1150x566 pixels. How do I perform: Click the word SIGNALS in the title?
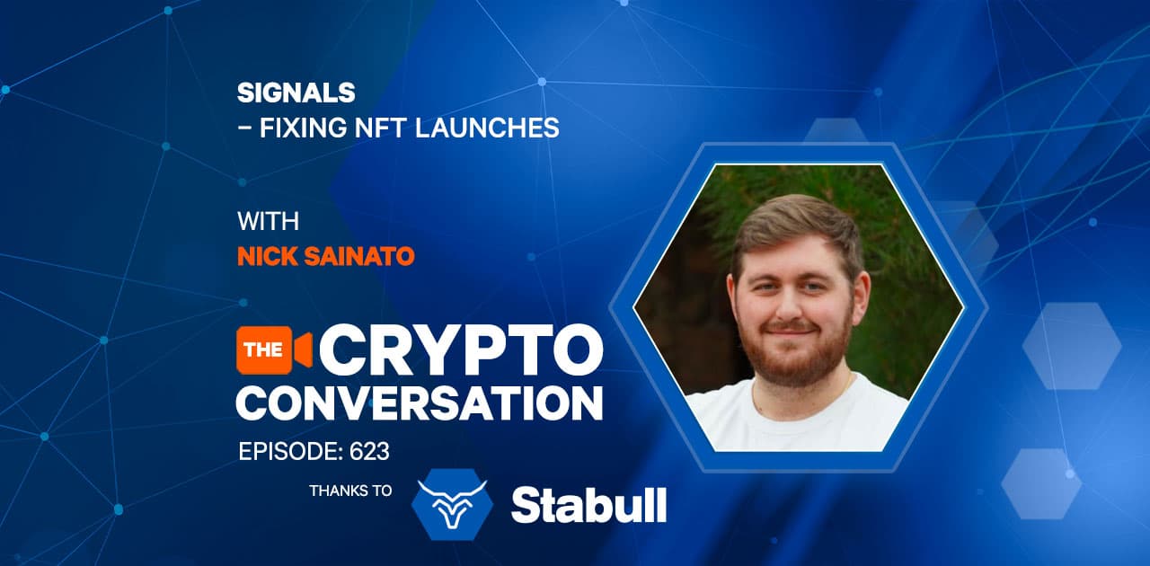click(296, 93)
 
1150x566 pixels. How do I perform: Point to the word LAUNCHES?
click(487, 128)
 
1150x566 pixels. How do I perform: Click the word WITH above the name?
click(268, 221)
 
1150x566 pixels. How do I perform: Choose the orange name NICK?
click(267, 256)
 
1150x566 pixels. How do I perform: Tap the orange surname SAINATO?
click(359, 256)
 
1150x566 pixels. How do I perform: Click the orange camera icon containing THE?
click(274, 349)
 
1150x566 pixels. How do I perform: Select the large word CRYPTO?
click(461, 350)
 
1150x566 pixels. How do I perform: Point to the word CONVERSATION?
click(420, 403)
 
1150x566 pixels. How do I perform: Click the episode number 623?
click(369, 452)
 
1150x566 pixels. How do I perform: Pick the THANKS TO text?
click(350, 491)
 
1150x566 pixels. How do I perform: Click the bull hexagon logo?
click(452, 504)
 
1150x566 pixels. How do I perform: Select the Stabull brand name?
click(588, 506)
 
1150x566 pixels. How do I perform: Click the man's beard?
click(793, 354)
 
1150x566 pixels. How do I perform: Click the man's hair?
click(796, 226)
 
